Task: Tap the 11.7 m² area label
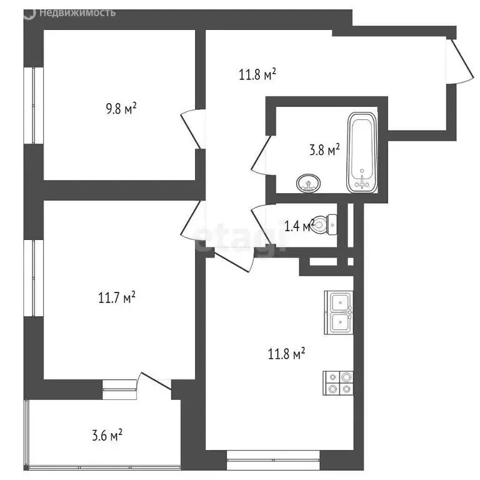click(x=117, y=297)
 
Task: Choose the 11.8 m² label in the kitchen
click(x=286, y=354)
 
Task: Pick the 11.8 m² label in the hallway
click(x=257, y=74)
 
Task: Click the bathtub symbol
click(x=362, y=152)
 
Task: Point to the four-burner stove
click(x=338, y=382)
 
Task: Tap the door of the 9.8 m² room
click(x=191, y=130)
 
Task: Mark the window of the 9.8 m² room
click(x=29, y=104)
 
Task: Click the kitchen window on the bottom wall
click(x=273, y=464)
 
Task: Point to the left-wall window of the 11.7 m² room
click(x=29, y=276)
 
